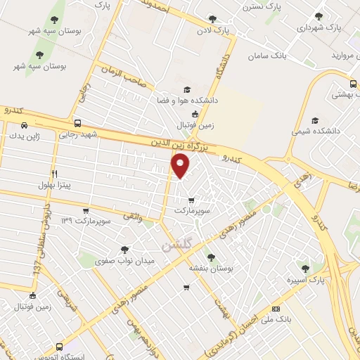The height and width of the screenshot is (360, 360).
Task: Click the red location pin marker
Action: [x=181, y=166]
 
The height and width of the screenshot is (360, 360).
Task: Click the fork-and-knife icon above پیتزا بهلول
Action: [x=54, y=173]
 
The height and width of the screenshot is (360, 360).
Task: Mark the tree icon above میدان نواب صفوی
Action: [x=124, y=249]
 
